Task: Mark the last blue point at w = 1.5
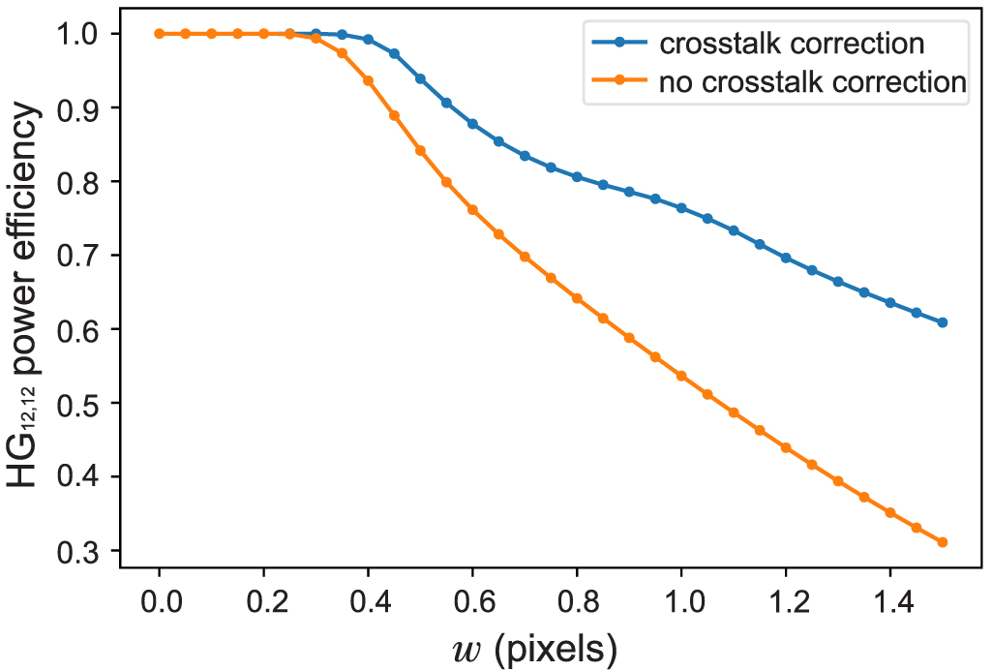942,322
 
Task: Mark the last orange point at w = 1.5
942,542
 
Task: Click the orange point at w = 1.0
681,376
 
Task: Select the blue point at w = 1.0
681,208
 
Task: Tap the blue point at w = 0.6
472,124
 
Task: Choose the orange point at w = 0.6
472,209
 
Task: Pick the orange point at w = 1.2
786,447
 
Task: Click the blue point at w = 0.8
577,176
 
